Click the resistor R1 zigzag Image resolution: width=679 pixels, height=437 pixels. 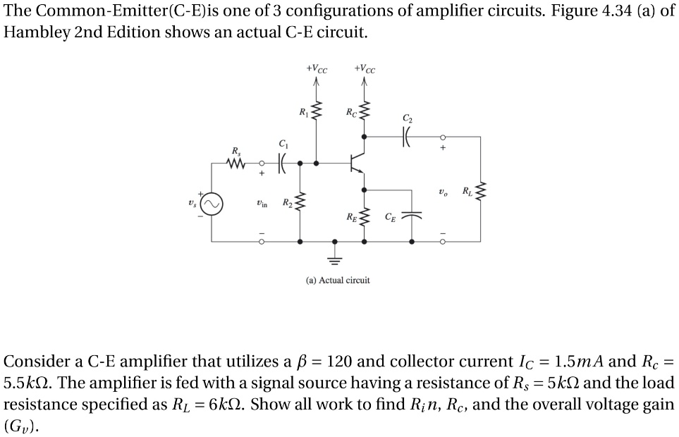tap(316, 110)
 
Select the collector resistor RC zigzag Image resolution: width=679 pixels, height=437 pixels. tap(364, 111)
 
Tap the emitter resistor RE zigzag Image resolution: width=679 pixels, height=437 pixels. tap(364, 214)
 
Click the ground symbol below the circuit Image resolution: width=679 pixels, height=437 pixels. tap(334, 258)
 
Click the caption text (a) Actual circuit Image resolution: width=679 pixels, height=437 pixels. tap(338, 280)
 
